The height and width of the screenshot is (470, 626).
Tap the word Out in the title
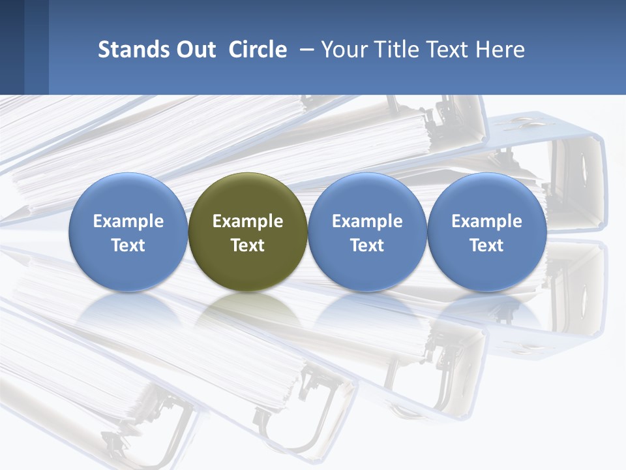(194, 50)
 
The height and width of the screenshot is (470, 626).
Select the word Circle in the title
(258, 50)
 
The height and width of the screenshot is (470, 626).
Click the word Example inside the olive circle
(248, 221)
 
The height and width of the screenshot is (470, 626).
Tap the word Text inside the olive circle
(248, 245)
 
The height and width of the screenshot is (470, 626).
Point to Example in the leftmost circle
(128, 221)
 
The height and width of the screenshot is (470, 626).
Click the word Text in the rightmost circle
(487, 245)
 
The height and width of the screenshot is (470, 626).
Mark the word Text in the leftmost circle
(128, 245)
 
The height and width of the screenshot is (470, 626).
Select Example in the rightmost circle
(487, 221)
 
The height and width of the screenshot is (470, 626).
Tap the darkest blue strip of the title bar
(12, 47)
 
